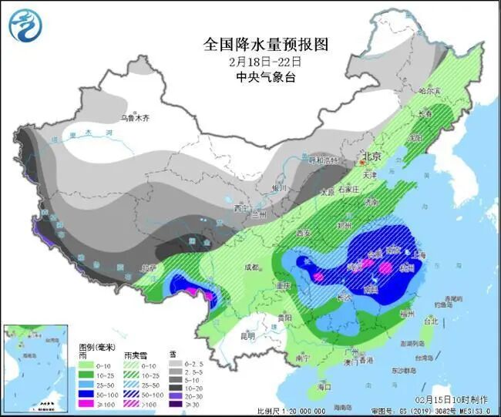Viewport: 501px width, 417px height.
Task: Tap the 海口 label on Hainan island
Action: pyautogui.click(x=324, y=385)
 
